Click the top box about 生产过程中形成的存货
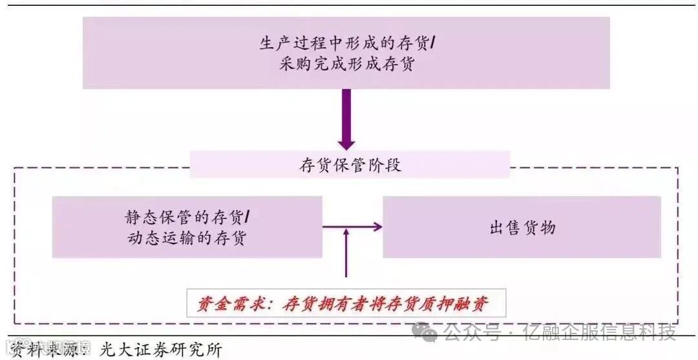tap(346, 53)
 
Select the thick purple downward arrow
tap(346, 120)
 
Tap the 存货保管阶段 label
tap(350, 165)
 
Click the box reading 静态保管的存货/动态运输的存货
tap(187, 227)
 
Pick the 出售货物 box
tap(522, 227)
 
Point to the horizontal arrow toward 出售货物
tap(353, 226)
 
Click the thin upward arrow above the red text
tap(347, 255)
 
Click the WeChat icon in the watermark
tap(428, 332)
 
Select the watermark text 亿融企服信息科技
tap(600, 333)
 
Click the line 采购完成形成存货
tap(346, 64)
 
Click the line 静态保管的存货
tap(187, 217)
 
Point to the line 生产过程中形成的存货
tap(346, 43)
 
